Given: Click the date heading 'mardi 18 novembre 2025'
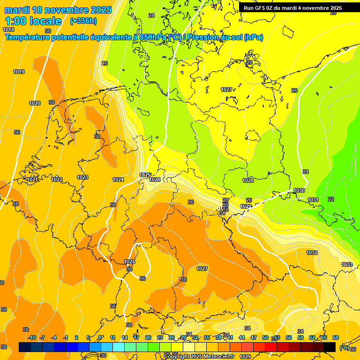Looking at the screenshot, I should (58, 10).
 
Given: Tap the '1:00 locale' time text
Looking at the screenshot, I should (33, 21).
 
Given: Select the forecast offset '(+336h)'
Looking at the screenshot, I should (83, 21).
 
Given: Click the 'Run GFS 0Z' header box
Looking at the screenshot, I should (292, 8).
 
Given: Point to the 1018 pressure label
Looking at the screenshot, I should (8, 30).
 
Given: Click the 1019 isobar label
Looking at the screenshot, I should (19, 72).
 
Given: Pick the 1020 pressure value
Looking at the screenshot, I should (35, 103).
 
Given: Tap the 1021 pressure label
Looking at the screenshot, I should (32, 180).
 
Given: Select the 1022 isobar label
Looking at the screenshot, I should (57, 180).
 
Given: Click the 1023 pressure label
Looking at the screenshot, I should (82, 177).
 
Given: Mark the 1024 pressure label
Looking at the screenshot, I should (118, 180).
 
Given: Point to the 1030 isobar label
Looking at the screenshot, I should (299, 190).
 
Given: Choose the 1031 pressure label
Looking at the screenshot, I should (313, 200).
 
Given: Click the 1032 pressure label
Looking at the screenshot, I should (312, 253).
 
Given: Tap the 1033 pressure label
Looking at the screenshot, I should (347, 265).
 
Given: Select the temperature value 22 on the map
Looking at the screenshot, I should (331, 199).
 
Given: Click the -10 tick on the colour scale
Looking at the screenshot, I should (32, 337).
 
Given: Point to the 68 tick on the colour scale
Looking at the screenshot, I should (336, 337).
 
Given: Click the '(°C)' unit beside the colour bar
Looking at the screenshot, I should (344, 347).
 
